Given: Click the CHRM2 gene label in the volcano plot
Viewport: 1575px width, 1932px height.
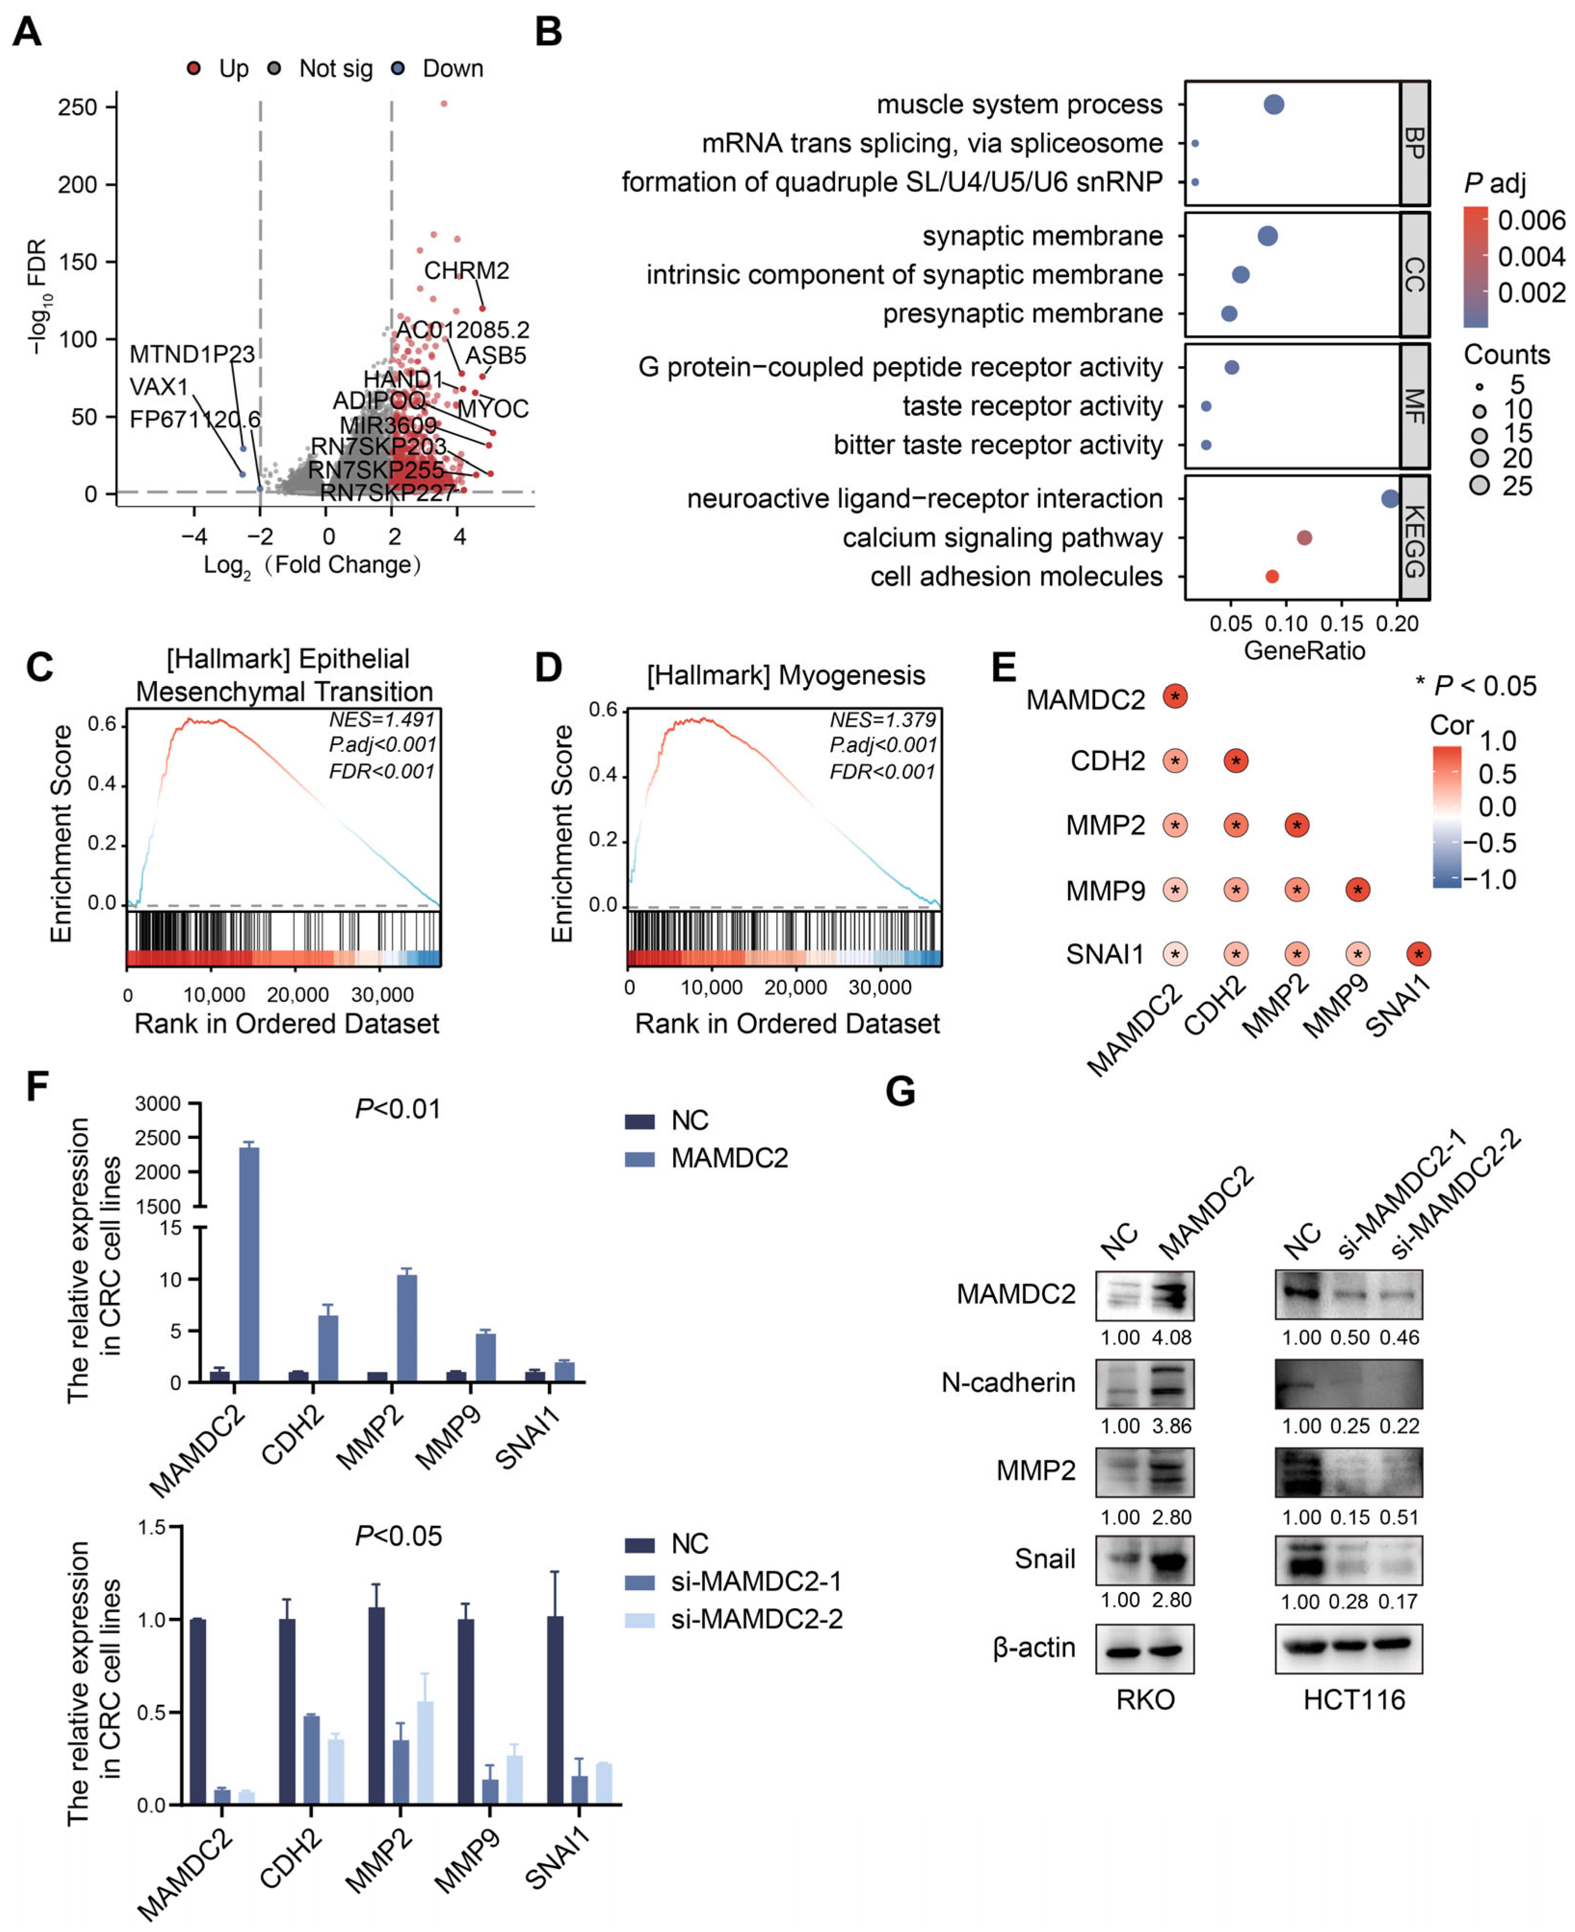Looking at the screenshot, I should pyautogui.click(x=466, y=270).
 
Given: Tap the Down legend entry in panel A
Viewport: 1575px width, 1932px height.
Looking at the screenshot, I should pyautogui.click(x=452, y=69).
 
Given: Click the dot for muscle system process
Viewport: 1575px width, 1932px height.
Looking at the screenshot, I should pyautogui.click(x=1274, y=105).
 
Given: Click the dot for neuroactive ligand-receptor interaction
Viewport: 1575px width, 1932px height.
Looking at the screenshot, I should pyautogui.click(x=1389, y=499).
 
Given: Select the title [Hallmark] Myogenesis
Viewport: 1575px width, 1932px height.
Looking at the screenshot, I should pyautogui.click(x=786, y=676).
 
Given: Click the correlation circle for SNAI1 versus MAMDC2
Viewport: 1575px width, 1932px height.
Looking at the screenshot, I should pyautogui.click(x=1175, y=954).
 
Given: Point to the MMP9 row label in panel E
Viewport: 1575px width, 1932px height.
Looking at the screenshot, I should pyautogui.click(x=1105, y=891).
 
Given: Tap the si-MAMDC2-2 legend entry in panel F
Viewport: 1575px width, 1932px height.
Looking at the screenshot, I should pyautogui.click(x=756, y=1619).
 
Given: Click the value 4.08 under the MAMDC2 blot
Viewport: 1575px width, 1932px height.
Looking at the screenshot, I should pyautogui.click(x=1171, y=1338).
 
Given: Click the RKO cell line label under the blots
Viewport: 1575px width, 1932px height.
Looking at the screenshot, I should pyautogui.click(x=1145, y=1700).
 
